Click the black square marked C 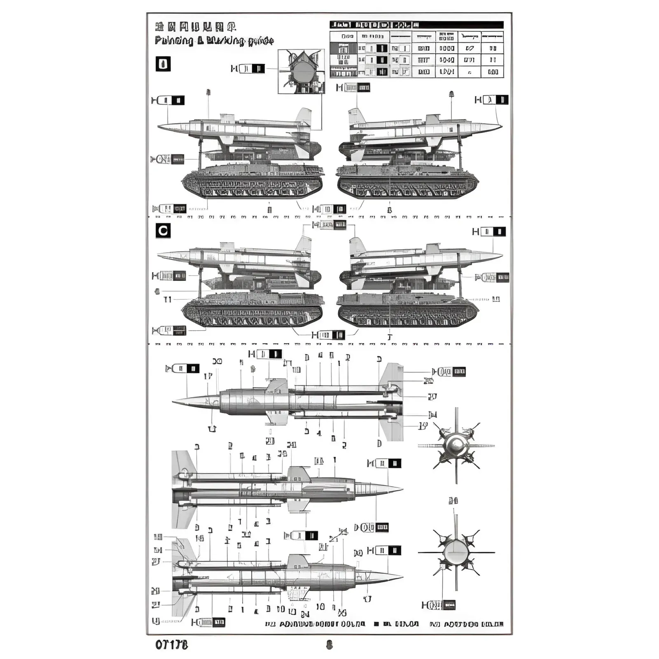pyautogui.click(x=163, y=231)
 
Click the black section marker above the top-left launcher pyautogui.click(x=163, y=64)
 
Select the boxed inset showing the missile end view pyautogui.click(x=301, y=71)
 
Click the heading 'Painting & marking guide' pyautogui.click(x=214, y=41)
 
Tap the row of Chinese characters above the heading pyautogui.click(x=195, y=27)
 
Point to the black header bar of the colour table pyautogui.click(x=416, y=25)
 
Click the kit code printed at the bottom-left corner pyautogui.click(x=171, y=645)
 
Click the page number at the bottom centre pyautogui.click(x=329, y=645)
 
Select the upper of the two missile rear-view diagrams pyautogui.click(x=456, y=445)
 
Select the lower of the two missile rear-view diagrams pyautogui.click(x=456, y=552)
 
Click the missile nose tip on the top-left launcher pyautogui.click(x=159, y=126)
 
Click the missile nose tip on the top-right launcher pyautogui.click(x=501, y=126)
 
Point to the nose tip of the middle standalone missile pyautogui.click(x=401, y=489)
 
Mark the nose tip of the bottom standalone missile pyautogui.click(x=401, y=577)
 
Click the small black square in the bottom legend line pyautogui.click(x=376, y=624)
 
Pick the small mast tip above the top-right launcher pyautogui.click(x=451, y=94)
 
